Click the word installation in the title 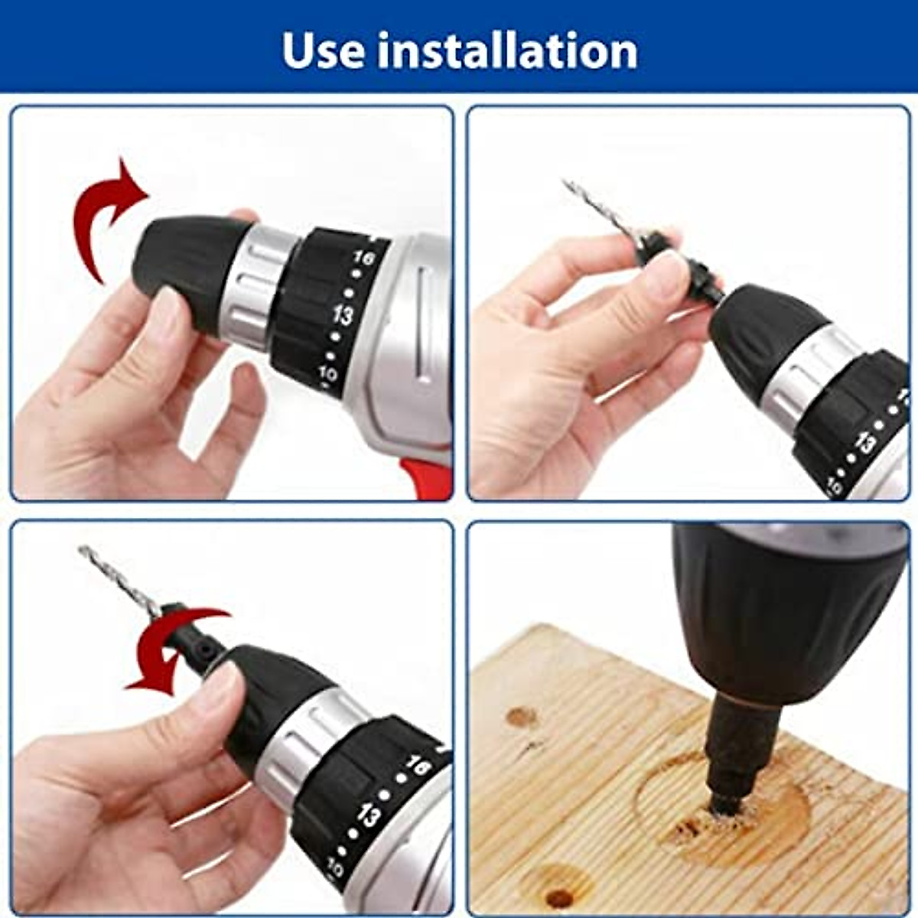click(507, 50)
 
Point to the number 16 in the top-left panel click(364, 259)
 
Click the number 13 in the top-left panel click(343, 314)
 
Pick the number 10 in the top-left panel click(329, 375)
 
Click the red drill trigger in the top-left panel click(428, 478)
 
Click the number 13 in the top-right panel click(866, 441)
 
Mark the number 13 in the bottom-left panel click(369, 816)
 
